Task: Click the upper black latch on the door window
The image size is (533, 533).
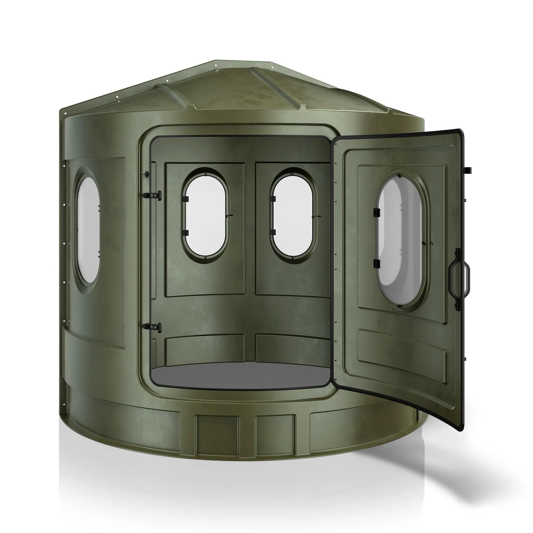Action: pos(377,213)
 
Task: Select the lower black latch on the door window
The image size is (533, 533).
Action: pos(377,263)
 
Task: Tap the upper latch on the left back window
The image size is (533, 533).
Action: pos(185,199)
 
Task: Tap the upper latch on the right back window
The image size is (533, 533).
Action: pos(273,199)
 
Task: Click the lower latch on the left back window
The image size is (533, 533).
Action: pos(185,232)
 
